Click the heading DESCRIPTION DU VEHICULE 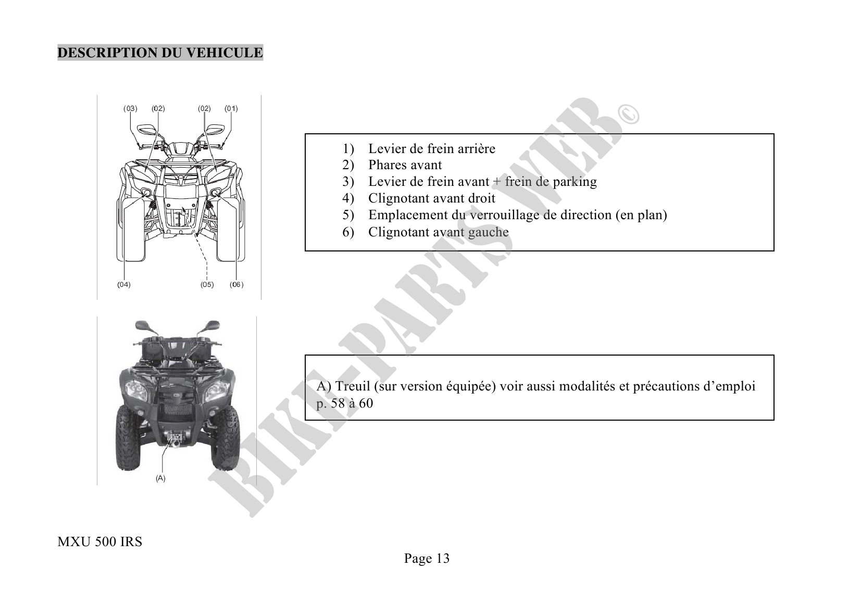pyautogui.click(x=160, y=53)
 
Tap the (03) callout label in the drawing pyautogui.click(x=130, y=109)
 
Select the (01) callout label pyautogui.click(x=231, y=109)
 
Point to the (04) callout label pyautogui.click(x=123, y=285)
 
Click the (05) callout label pyautogui.click(x=207, y=285)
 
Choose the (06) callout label pyautogui.click(x=236, y=285)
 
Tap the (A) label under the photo pyautogui.click(x=160, y=478)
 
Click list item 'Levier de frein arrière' pyautogui.click(x=432, y=149)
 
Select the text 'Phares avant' pyautogui.click(x=405, y=165)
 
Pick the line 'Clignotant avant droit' pyautogui.click(x=432, y=198)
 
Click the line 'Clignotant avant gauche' pyautogui.click(x=438, y=232)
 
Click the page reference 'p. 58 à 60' pyautogui.click(x=345, y=403)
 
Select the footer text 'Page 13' pyautogui.click(x=427, y=559)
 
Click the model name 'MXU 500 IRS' pyautogui.click(x=99, y=542)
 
